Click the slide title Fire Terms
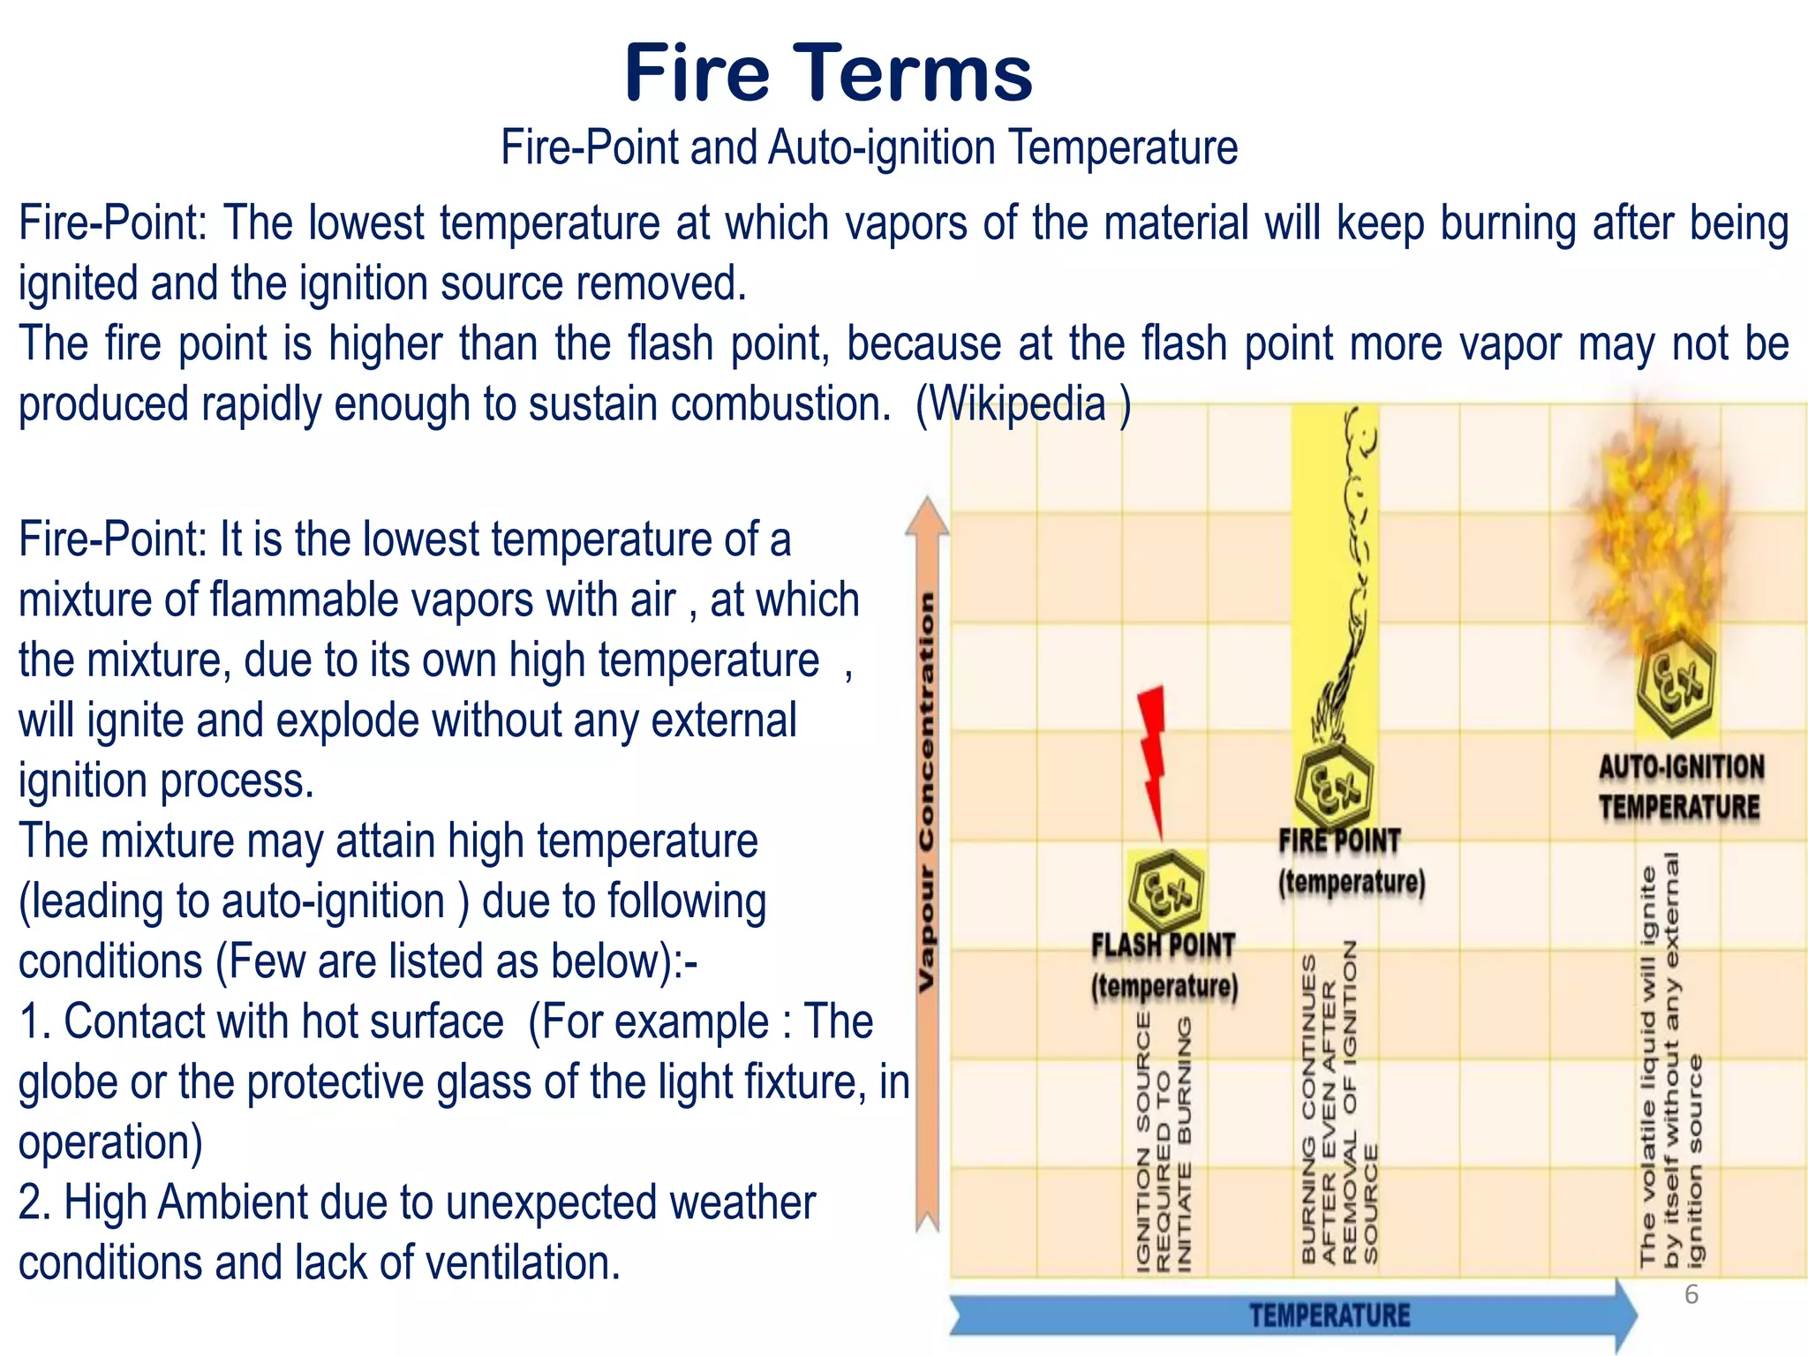click(827, 73)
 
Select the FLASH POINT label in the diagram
click(1163, 946)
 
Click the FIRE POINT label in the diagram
click(1339, 841)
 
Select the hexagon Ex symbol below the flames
click(1675, 681)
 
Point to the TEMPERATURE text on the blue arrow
click(1330, 1316)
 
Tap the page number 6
click(1691, 1295)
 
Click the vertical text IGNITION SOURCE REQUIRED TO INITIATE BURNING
click(1164, 1144)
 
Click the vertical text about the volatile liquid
click(1670, 1059)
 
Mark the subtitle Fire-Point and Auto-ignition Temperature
click(869, 147)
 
